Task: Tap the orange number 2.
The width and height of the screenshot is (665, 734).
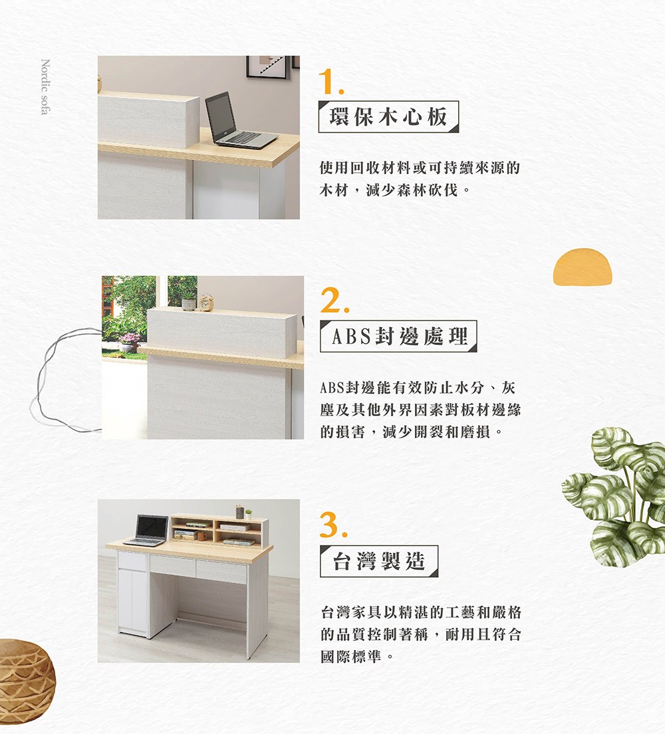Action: point(334,300)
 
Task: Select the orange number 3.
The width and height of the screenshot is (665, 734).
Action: point(333,525)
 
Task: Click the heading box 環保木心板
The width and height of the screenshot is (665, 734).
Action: point(389,116)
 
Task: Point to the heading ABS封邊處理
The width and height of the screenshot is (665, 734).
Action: point(398,336)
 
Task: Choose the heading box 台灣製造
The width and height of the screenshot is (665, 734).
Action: point(379,560)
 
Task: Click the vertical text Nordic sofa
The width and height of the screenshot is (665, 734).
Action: point(45,86)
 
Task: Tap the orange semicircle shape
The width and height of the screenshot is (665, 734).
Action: point(583,267)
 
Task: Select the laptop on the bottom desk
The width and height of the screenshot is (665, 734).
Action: point(149,531)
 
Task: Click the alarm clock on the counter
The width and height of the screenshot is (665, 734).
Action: point(207,303)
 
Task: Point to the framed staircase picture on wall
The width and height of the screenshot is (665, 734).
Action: point(267,66)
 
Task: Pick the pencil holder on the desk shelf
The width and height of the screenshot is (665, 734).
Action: point(240,512)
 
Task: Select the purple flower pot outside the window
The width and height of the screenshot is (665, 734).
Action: point(128,343)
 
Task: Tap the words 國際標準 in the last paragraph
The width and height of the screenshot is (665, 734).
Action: point(350,656)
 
